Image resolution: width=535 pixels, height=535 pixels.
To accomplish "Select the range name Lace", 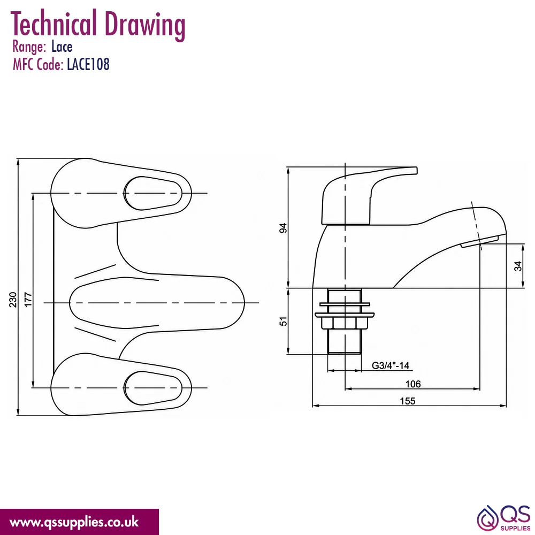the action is pyautogui.click(x=62, y=47).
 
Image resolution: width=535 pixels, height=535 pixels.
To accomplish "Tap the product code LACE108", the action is pyautogui.click(x=88, y=64).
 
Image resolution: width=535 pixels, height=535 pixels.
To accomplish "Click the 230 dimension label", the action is pyautogui.click(x=13, y=300).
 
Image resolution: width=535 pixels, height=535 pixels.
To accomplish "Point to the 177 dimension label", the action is pyautogui.click(x=28, y=300).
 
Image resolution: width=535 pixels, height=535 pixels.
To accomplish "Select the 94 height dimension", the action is pyautogui.click(x=283, y=228).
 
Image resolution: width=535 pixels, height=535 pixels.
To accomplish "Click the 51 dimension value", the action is pyautogui.click(x=283, y=321).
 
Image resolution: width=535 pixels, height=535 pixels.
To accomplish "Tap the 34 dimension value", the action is pyautogui.click(x=518, y=266).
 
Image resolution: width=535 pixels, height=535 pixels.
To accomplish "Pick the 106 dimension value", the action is pyautogui.click(x=413, y=384).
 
